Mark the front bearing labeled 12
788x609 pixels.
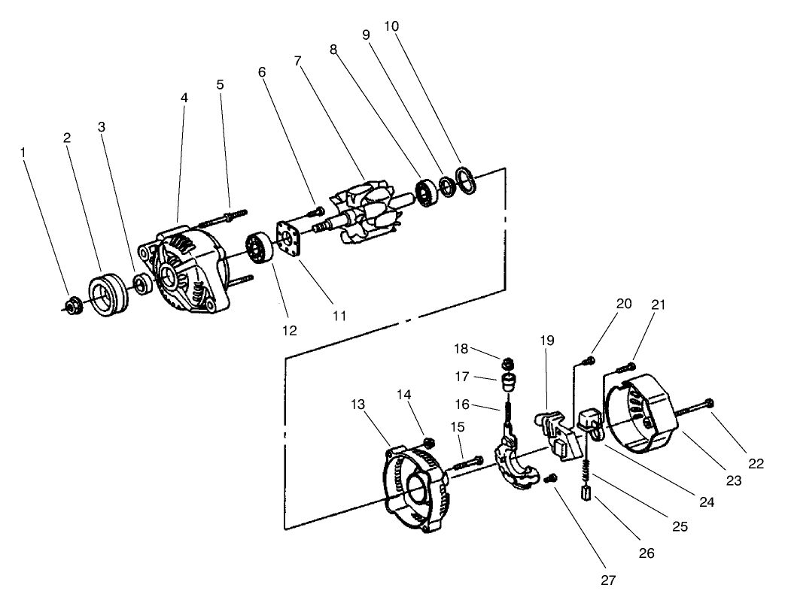coord(259,248)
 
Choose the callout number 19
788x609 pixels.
coord(547,341)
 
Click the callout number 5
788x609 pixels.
coord(220,84)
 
